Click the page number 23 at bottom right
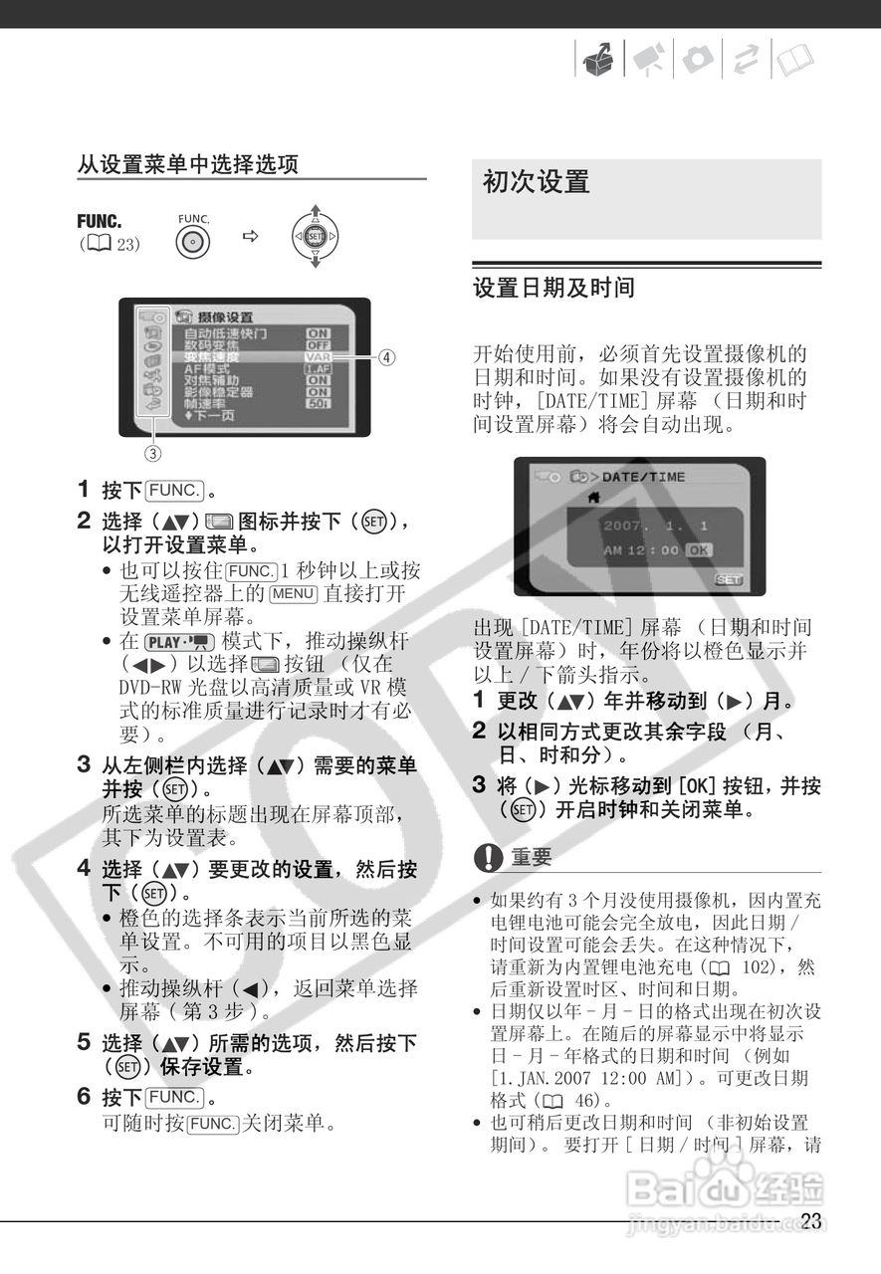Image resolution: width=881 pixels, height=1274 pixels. [810, 1221]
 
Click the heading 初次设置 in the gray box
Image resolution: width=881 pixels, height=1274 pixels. [537, 182]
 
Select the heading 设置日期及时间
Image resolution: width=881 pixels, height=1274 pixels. [553, 289]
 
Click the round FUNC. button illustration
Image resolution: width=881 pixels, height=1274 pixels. [193, 241]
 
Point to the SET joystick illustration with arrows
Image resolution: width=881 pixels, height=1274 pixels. [315, 237]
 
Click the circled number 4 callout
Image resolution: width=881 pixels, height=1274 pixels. [387, 356]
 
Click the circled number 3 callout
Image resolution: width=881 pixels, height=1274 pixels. [153, 455]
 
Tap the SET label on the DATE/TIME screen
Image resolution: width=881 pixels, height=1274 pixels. [729, 579]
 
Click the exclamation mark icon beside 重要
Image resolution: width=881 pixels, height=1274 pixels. [488, 856]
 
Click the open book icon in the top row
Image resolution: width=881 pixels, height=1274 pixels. [792, 62]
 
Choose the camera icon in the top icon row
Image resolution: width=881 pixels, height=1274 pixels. [696, 62]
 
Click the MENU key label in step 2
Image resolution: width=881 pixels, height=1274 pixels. [293, 594]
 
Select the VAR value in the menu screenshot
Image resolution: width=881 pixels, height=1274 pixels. [318, 356]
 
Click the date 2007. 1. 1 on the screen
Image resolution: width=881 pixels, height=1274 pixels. [655, 525]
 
